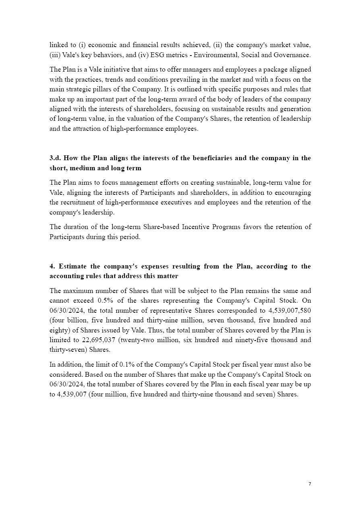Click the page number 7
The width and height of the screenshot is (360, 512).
pyautogui.click(x=310, y=484)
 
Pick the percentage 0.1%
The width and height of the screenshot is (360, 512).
pyautogui.click(x=128, y=365)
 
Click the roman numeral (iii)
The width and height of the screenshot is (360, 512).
pyautogui.click(x=55, y=55)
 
